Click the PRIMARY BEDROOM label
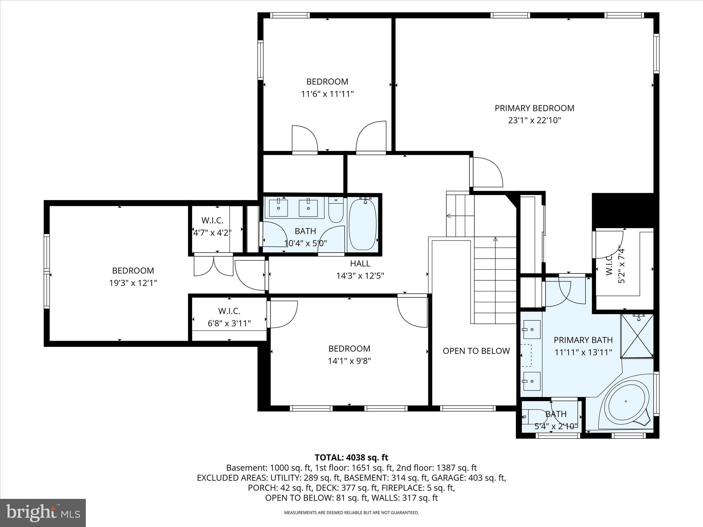534,108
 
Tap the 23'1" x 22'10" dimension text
534,120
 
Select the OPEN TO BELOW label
476,351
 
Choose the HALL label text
360,263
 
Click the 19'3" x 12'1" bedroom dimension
133,283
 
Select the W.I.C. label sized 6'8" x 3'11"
229,311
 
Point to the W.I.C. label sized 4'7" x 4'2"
212,221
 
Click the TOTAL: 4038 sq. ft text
351,457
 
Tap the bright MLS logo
43,513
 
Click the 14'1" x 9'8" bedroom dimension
349,361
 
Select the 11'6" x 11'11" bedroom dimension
327,94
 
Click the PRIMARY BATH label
583,340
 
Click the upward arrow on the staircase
495,239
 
